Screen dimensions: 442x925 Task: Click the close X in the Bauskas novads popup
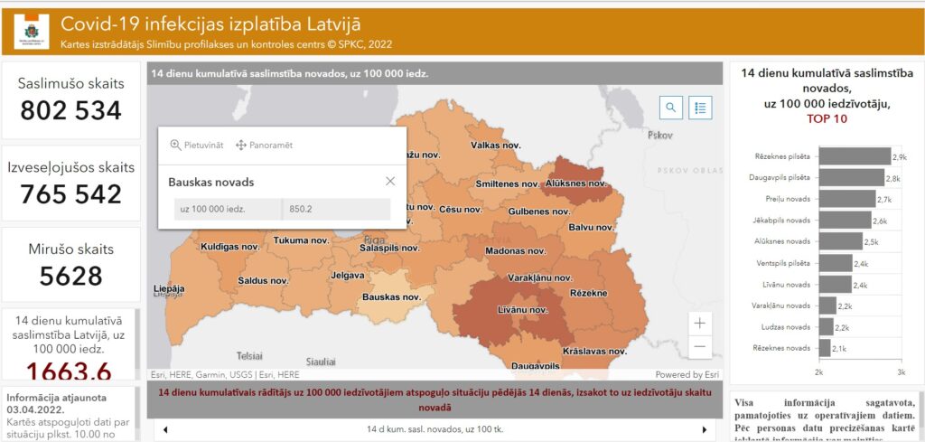point(390,182)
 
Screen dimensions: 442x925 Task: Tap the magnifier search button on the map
point(671,108)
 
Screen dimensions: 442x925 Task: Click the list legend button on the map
point(700,108)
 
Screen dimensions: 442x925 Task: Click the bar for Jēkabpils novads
point(845,220)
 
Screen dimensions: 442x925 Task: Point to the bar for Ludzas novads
point(826,326)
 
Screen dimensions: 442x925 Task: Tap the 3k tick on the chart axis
point(901,372)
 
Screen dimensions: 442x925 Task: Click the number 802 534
point(70,110)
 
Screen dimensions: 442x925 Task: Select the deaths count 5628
point(70,276)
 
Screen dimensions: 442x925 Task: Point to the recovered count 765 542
point(70,193)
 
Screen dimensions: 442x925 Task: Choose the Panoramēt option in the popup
point(265,145)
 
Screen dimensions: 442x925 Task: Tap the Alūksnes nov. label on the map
point(575,183)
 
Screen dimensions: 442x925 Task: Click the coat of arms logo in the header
point(32,32)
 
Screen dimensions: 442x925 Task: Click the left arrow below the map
point(165,428)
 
